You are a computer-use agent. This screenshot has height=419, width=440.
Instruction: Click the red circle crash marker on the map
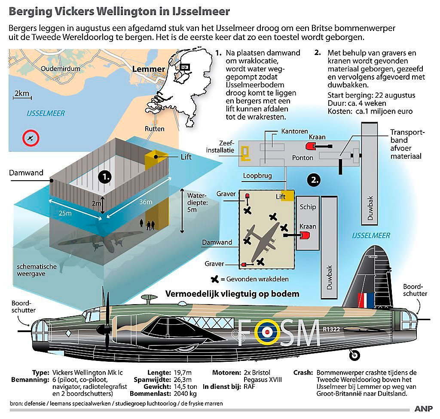click(31, 138)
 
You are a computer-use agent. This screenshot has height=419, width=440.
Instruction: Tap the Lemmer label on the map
click(148, 69)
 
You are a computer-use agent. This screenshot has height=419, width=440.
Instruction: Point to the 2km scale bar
click(22, 98)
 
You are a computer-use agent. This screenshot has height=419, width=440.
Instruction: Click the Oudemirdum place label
click(60, 68)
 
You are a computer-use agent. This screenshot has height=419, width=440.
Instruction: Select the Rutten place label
click(154, 129)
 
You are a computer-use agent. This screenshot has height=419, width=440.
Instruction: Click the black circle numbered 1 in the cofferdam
click(105, 177)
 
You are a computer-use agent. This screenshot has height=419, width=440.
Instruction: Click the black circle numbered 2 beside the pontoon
click(314, 180)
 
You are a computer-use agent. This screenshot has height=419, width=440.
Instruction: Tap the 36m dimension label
click(146, 202)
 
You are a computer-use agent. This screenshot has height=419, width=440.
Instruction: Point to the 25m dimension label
click(65, 213)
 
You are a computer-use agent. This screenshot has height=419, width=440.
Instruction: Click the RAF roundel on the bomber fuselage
click(267, 333)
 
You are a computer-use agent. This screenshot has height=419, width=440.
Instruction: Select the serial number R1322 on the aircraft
click(331, 329)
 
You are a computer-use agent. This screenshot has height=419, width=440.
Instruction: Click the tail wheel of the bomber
click(354, 355)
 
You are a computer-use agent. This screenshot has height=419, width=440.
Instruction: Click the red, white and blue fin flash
click(366, 300)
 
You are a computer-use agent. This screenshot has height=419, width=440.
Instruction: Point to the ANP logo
click(423, 409)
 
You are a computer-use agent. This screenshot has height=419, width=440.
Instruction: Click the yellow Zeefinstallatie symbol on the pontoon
click(245, 153)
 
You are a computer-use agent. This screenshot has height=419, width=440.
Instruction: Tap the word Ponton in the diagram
click(302, 157)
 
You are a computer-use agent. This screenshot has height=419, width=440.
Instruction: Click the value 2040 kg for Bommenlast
click(185, 394)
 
